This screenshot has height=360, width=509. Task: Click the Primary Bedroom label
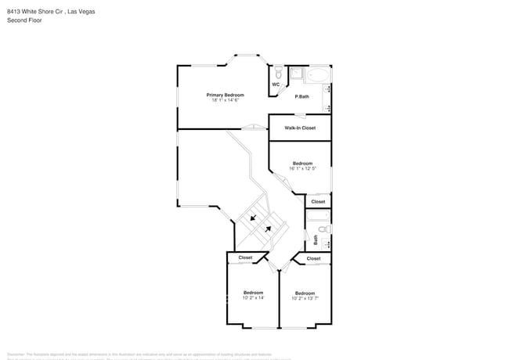click(225, 95)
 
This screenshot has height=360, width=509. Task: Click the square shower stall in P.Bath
click(297, 74)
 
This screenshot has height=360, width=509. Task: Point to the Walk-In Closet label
click(300, 128)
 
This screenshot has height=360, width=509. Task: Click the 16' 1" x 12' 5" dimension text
click(302, 168)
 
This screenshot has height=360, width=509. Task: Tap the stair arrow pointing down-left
click(254, 218)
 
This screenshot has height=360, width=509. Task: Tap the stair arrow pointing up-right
click(268, 229)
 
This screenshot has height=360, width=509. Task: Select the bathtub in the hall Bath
click(316, 218)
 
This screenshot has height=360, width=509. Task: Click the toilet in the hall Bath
click(327, 229)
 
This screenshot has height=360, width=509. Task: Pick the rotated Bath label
click(316, 239)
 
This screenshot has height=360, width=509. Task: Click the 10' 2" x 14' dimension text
click(253, 297)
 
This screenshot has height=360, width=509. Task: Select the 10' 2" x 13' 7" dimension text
click(305, 297)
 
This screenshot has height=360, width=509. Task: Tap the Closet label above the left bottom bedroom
click(245, 257)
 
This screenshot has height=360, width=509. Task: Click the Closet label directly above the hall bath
click(318, 202)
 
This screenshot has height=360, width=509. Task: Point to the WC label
click(276, 85)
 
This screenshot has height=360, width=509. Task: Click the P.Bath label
click(301, 97)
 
